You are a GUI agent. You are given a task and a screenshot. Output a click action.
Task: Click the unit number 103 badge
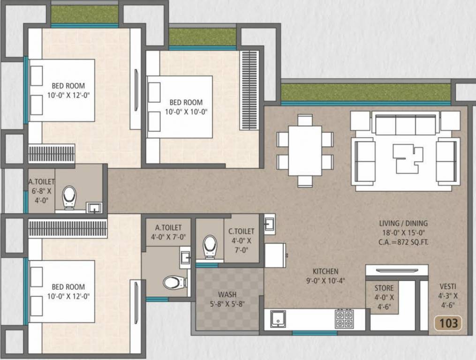point(448,322)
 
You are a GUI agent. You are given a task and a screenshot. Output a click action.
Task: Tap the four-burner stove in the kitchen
point(344,319)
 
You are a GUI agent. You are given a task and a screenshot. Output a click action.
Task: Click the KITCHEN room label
point(325,271)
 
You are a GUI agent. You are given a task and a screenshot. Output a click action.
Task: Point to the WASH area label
point(227,295)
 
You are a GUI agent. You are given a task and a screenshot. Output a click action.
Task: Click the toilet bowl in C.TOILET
point(210,246)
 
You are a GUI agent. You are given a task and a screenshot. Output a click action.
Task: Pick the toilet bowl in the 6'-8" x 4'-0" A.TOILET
point(69,197)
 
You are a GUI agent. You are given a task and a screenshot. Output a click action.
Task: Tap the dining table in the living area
point(305,150)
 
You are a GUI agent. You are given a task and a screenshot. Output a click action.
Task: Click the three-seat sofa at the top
point(406,125)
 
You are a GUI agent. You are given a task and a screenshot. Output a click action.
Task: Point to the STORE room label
point(384,288)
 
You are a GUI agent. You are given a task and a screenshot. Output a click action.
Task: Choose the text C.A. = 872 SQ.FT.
point(404,242)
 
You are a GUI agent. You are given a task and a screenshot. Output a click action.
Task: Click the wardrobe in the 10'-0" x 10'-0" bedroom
point(249,90)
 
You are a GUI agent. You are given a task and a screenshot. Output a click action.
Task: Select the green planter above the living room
point(366,92)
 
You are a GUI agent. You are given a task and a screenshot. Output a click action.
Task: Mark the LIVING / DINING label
point(404,224)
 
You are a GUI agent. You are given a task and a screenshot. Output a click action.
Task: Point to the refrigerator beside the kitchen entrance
point(275,255)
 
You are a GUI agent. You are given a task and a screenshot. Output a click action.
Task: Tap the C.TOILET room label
point(242,231)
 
